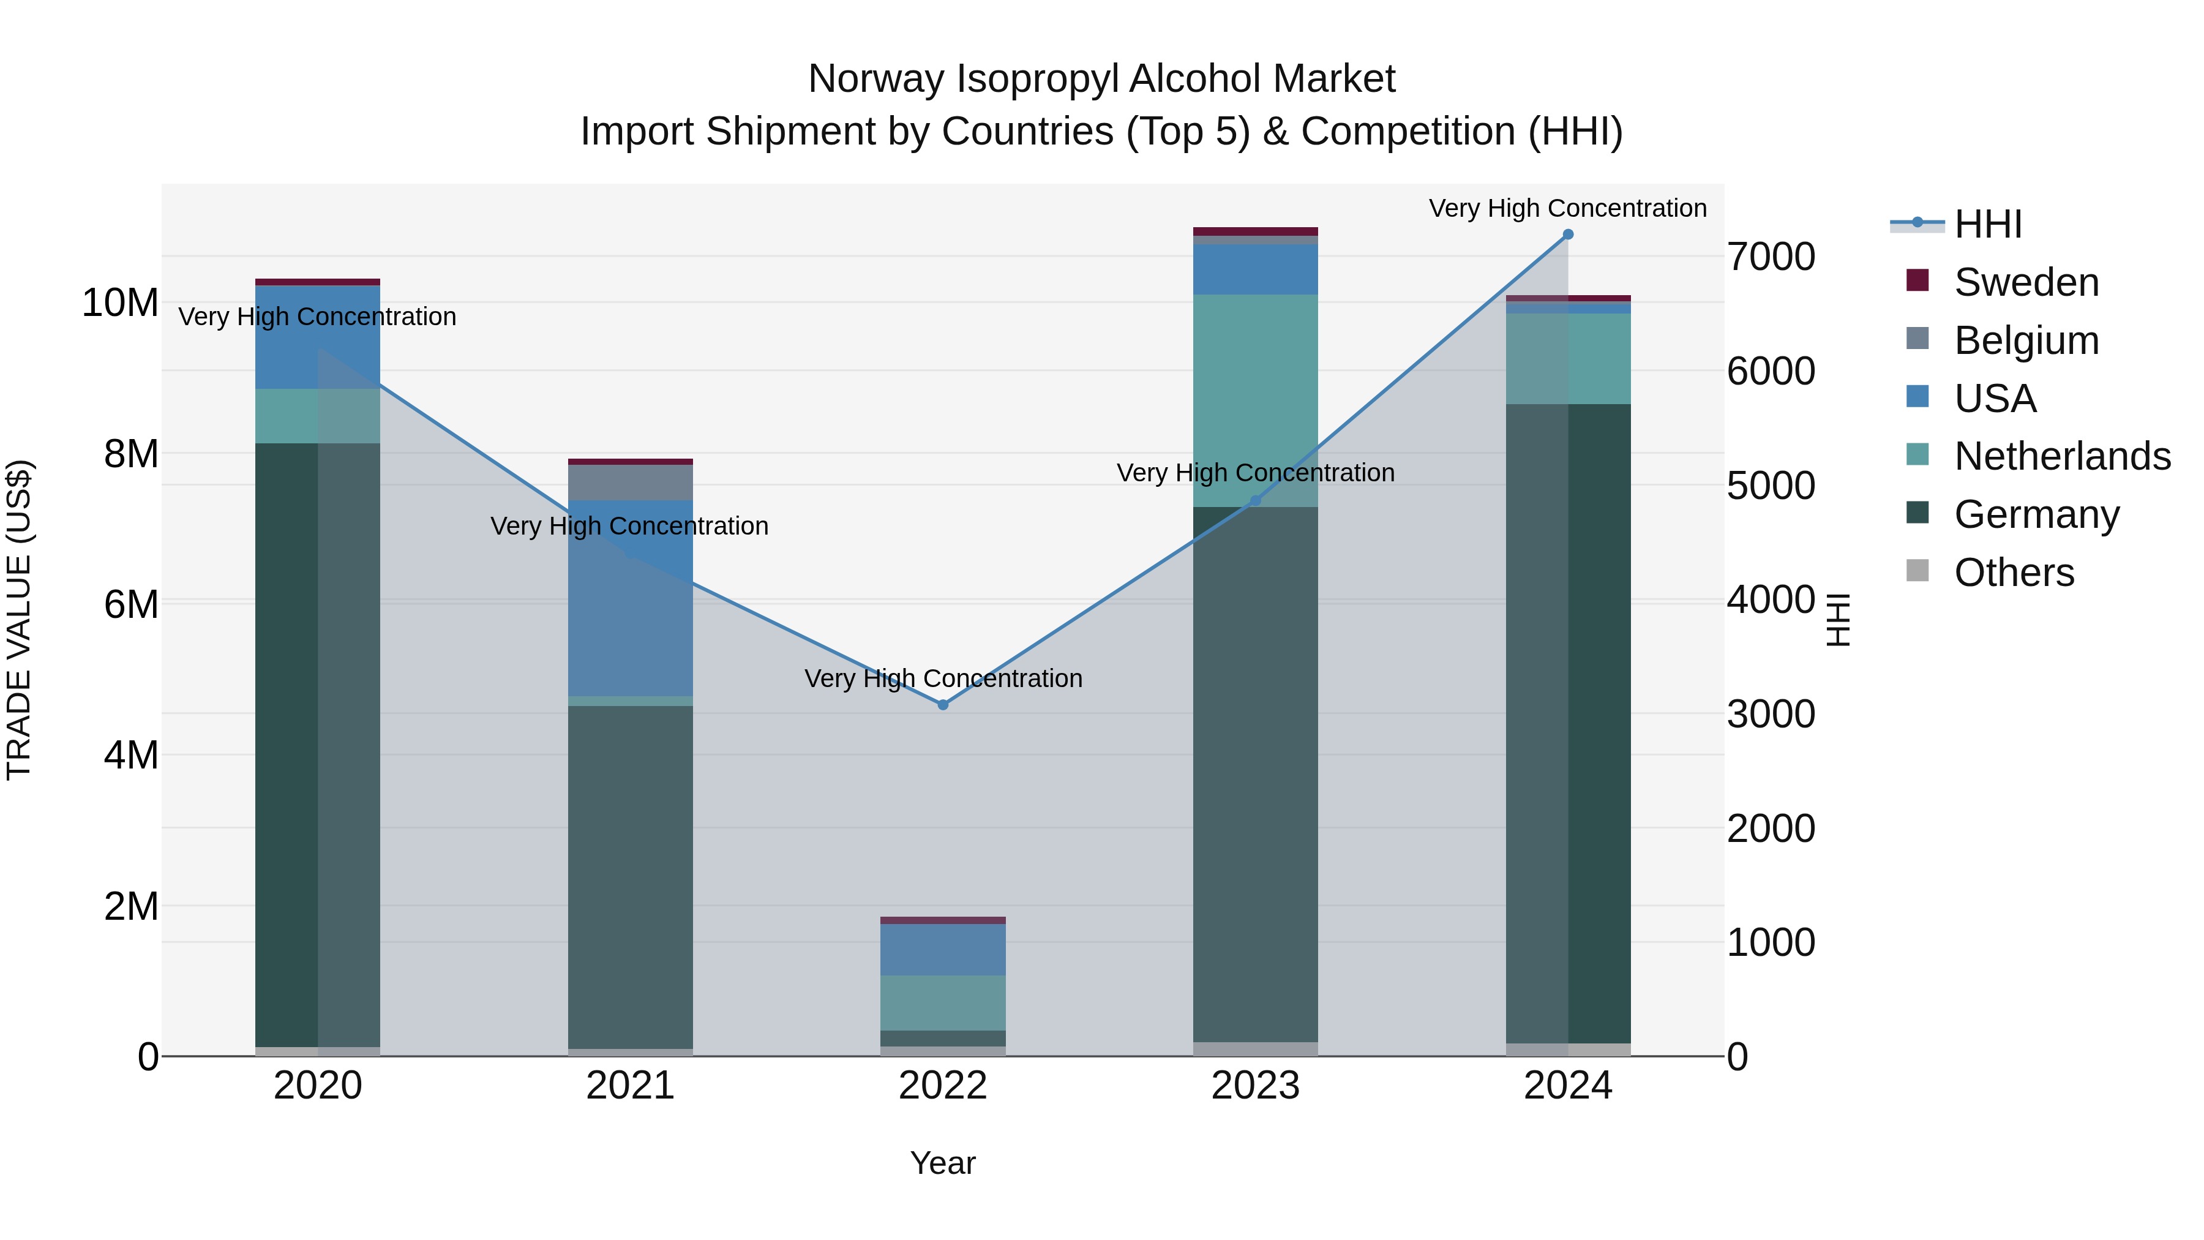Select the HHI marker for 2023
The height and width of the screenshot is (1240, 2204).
coord(1255,502)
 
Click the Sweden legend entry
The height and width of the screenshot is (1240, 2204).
coord(2026,282)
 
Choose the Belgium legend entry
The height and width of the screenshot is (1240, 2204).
coord(2026,340)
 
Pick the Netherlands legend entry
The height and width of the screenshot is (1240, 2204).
coord(2062,456)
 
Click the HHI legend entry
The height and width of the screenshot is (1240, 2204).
coord(1987,224)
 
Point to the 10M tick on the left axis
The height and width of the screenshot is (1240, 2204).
coord(120,303)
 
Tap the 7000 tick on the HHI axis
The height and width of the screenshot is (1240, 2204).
coord(1770,257)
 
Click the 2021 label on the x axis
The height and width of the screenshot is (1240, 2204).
coord(630,1086)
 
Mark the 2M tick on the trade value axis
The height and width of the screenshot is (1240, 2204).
coord(131,906)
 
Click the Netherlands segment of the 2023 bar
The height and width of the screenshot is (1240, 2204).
coord(1255,400)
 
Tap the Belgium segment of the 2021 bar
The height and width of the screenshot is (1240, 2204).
coord(630,483)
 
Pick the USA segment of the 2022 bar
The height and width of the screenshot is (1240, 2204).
coord(943,950)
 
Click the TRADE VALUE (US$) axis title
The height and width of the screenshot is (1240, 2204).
coord(19,620)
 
